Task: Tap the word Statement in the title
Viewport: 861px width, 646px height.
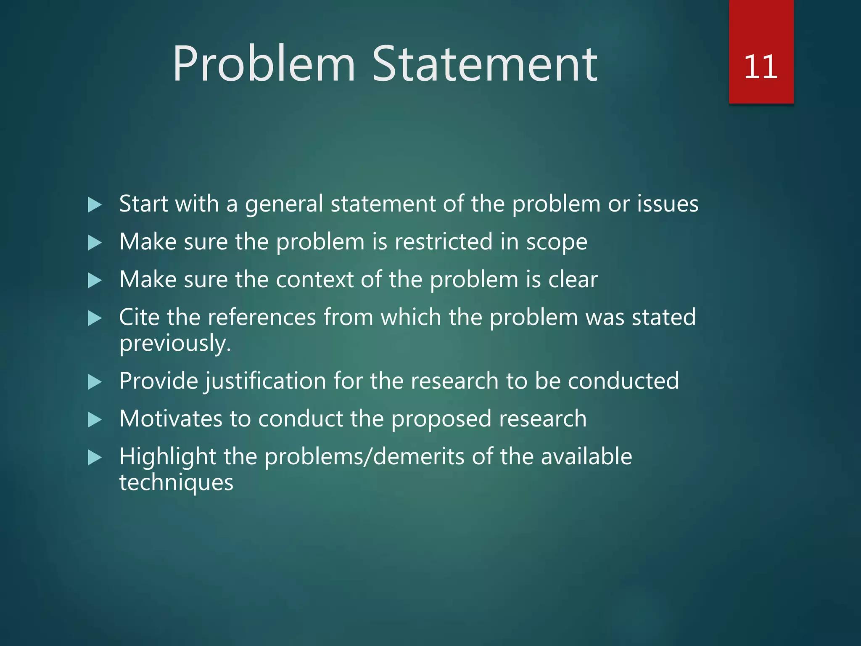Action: [485, 64]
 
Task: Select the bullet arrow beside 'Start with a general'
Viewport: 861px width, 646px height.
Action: [95, 205]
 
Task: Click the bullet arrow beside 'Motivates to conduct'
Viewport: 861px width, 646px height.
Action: [95, 420]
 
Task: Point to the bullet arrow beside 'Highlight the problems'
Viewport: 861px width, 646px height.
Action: [95, 458]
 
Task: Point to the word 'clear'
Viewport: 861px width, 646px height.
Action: [573, 280]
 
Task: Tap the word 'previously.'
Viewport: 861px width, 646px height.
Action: [175, 344]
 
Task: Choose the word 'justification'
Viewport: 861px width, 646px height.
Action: [265, 381]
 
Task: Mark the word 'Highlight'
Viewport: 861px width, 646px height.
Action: [167, 457]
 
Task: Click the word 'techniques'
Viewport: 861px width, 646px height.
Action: [176, 483]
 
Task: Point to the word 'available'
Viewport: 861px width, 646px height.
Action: [586, 457]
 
